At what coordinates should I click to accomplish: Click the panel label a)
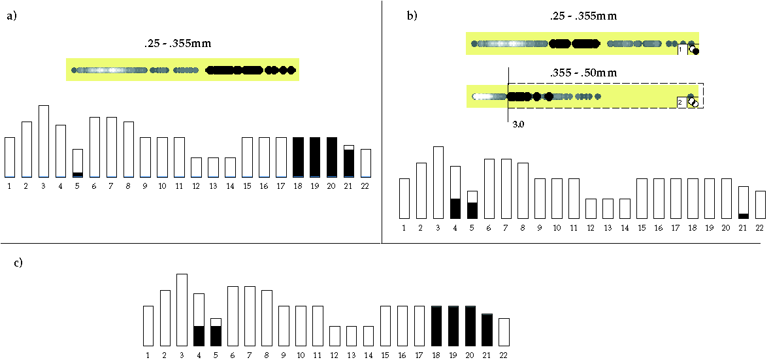click(x=11, y=18)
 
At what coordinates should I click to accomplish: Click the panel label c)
click(x=19, y=263)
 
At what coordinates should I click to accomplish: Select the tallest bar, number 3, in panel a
click(x=44, y=141)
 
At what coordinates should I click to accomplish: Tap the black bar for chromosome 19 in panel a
click(x=315, y=157)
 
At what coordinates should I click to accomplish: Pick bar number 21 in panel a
click(x=349, y=161)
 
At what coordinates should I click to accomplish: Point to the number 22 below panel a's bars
click(x=366, y=186)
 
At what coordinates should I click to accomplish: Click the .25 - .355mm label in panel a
click(x=178, y=44)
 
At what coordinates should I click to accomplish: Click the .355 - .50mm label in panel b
click(x=583, y=73)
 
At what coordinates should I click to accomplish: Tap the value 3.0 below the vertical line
click(x=517, y=123)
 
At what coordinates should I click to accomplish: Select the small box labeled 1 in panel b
click(x=681, y=49)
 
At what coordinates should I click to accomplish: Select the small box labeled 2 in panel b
click(x=681, y=102)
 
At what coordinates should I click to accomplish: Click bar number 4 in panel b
click(x=455, y=192)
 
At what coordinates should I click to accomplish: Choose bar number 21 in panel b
click(x=744, y=203)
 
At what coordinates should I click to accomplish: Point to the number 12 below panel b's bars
click(x=591, y=227)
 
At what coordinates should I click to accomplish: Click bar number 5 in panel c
click(x=216, y=333)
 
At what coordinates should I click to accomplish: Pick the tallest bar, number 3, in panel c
click(x=182, y=310)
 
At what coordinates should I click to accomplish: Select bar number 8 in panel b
click(x=523, y=190)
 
